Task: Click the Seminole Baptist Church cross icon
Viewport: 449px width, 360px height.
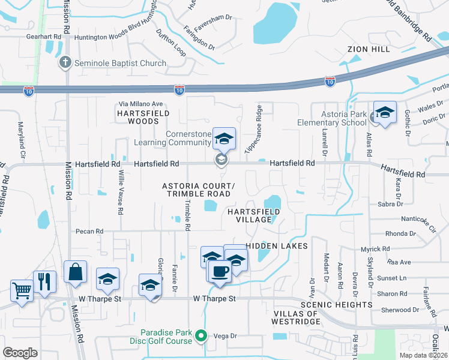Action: coord(65,62)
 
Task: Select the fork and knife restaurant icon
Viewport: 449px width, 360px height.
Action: coord(44,282)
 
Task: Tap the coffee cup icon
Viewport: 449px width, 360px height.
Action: coord(219,271)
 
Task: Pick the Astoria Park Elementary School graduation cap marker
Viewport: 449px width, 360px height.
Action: coord(385,112)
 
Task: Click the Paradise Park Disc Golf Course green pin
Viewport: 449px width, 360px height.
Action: coord(202,337)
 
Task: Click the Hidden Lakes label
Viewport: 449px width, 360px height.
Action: coord(277,246)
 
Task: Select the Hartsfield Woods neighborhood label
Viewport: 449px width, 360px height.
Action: coord(143,117)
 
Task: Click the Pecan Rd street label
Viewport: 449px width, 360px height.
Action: coord(89,231)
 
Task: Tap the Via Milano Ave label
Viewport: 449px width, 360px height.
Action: coord(140,104)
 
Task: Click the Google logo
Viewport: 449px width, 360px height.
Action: coord(20,353)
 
